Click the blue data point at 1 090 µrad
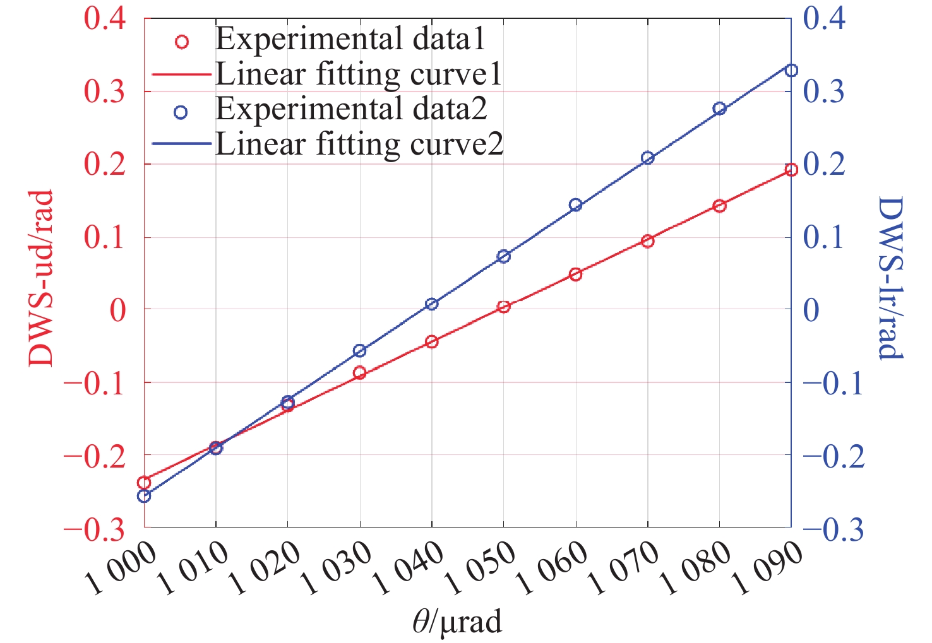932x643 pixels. [791, 70]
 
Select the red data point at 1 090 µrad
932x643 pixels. [791, 169]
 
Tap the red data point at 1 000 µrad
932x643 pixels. [144, 483]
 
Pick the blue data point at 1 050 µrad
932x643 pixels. [503, 256]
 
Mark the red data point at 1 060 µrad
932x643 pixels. [575, 274]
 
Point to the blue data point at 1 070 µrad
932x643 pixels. [647, 158]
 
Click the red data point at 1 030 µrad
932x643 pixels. [359, 372]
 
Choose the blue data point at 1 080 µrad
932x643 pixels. [719, 109]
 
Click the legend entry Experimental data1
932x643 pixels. [350, 39]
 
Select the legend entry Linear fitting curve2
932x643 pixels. [359, 145]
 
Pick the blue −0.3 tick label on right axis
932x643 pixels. [833, 529]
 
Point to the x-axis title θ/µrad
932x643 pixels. [457, 622]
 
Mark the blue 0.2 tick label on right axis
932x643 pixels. [823, 165]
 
